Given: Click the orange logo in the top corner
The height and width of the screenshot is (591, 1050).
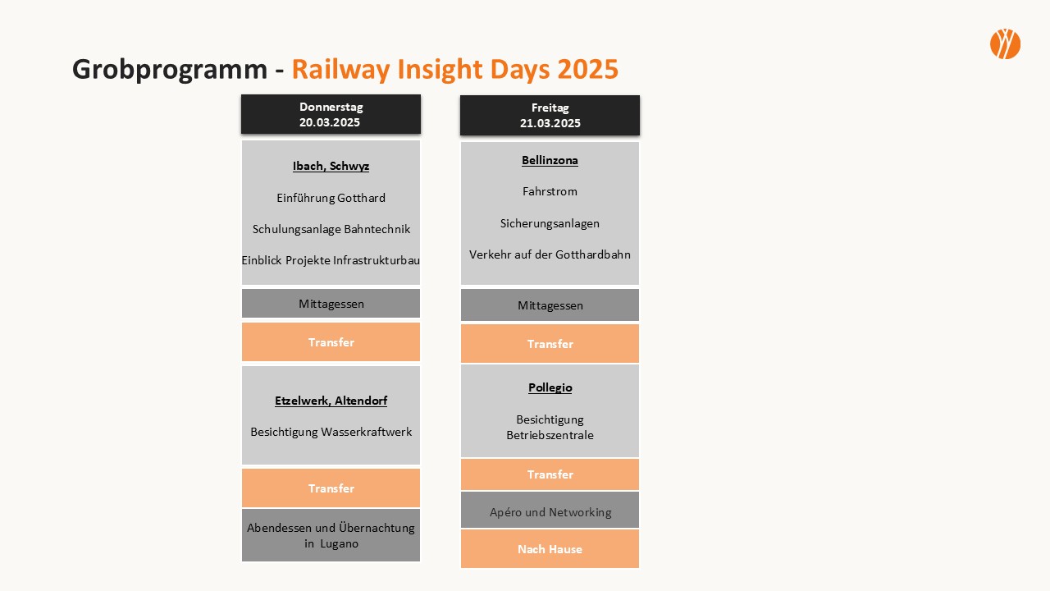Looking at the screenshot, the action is pyautogui.click(x=1005, y=44).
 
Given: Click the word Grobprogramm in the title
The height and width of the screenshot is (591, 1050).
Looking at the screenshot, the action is pyautogui.click(x=170, y=70).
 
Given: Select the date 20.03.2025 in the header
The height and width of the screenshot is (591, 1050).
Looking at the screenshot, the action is pyautogui.click(x=330, y=122).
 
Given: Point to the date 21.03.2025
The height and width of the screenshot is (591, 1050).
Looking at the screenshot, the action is pyautogui.click(x=550, y=123).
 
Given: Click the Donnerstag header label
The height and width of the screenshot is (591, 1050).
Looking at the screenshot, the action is pyautogui.click(x=331, y=107).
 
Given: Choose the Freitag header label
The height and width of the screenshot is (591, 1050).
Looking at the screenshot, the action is pyautogui.click(x=550, y=108).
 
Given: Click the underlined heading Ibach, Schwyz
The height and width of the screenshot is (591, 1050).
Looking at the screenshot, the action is pyautogui.click(x=331, y=166).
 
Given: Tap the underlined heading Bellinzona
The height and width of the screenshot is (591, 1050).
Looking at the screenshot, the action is pyautogui.click(x=550, y=160).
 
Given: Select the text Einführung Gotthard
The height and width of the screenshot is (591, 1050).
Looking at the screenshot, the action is pyautogui.click(x=331, y=198).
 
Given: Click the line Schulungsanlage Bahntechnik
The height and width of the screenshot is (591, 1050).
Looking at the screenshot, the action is pyautogui.click(x=331, y=229).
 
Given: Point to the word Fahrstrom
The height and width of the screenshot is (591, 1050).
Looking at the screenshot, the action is pyautogui.click(x=550, y=191).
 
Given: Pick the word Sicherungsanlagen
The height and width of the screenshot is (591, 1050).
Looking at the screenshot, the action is pyautogui.click(x=550, y=223).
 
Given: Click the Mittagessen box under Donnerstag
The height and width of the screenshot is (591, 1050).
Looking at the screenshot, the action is pyautogui.click(x=331, y=304).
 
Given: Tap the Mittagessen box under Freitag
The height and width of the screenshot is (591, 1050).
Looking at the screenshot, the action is pyautogui.click(x=550, y=305).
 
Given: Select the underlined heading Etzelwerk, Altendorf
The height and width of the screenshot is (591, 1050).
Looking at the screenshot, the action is pyautogui.click(x=331, y=401).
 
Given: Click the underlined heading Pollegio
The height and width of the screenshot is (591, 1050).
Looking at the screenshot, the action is pyautogui.click(x=550, y=387).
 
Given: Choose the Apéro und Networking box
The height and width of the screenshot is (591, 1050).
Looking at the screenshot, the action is pyautogui.click(x=550, y=510).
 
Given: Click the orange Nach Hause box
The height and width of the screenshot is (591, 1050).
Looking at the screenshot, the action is pyautogui.click(x=550, y=549).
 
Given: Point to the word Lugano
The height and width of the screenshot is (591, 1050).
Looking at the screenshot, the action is pyautogui.click(x=340, y=544).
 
